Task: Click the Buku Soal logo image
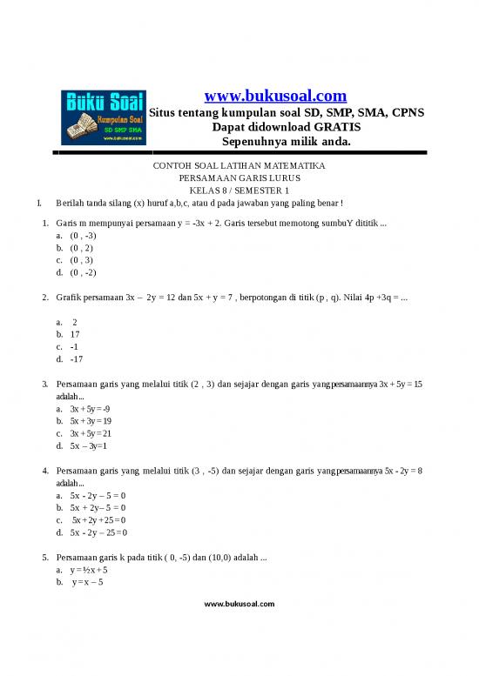[x=103, y=117]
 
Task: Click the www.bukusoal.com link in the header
[x=274, y=96]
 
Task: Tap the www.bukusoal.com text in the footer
[x=239, y=603]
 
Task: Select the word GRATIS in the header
[x=334, y=127]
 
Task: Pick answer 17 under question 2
[x=75, y=333]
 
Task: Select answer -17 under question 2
[x=76, y=358]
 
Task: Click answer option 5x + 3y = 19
[x=91, y=420]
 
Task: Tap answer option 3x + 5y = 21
[x=91, y=432]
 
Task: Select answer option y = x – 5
[x=89, y=582]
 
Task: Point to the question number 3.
[x=44, y=384]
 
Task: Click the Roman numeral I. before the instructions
[x=39, y=204]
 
